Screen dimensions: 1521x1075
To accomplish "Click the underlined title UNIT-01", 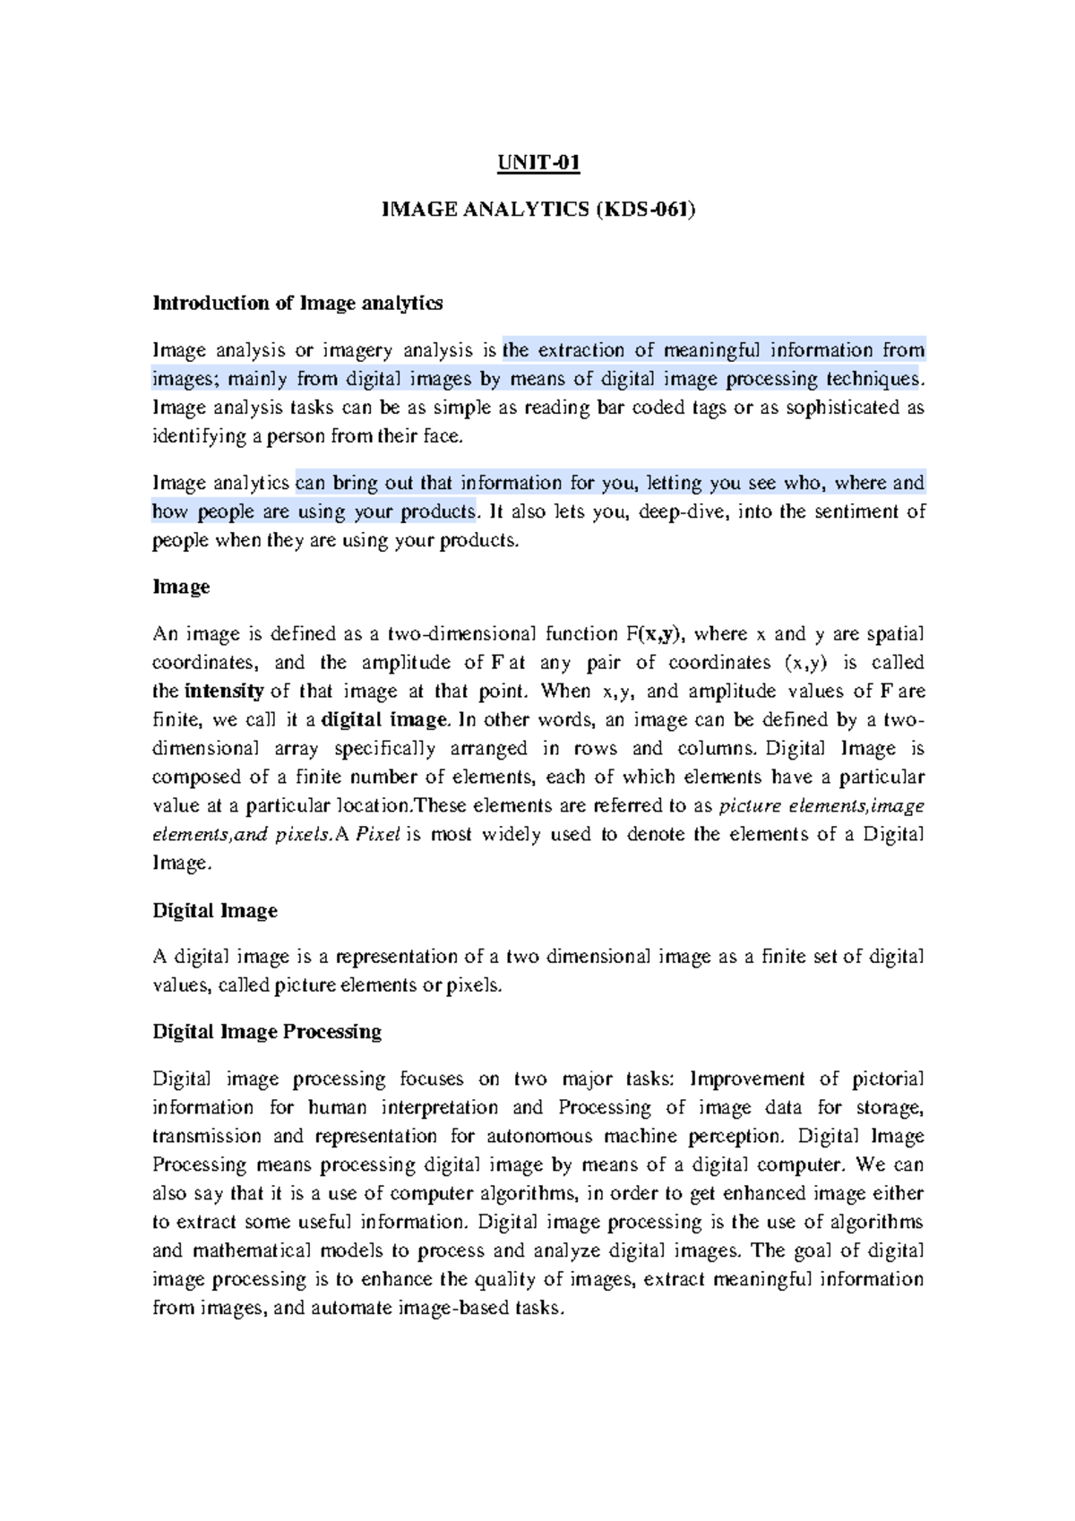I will click(x=538, y=163).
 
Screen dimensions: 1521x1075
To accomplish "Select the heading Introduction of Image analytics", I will click(x=297, y=303).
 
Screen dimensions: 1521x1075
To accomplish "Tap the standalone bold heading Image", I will click(x=181, y=587).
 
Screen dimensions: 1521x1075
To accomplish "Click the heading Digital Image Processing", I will click(x=267, y=1031).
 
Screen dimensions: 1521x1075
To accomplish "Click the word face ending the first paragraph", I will click(x=447, y=436).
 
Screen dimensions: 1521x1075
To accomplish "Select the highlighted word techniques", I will click(x=873, y=379).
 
